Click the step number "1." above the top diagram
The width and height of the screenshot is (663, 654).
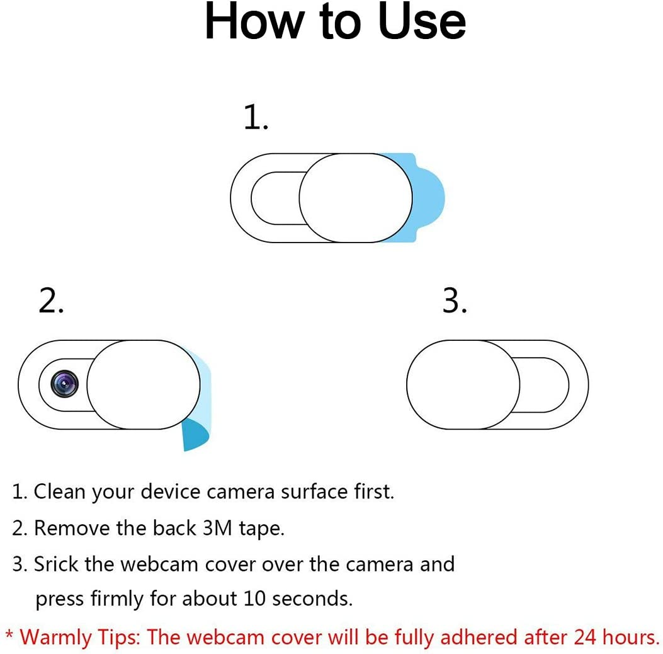tap(256, 118)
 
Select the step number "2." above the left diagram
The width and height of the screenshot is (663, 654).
tap(51, 302)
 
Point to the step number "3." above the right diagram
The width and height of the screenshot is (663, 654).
tap(455, 302)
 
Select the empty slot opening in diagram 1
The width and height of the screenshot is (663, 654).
tap(275, 198)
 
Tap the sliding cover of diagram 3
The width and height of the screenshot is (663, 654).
tap(463, 384)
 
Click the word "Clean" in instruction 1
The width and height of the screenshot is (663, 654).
tap(60, 491)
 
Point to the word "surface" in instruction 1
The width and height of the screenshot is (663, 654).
tap(313, 491)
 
